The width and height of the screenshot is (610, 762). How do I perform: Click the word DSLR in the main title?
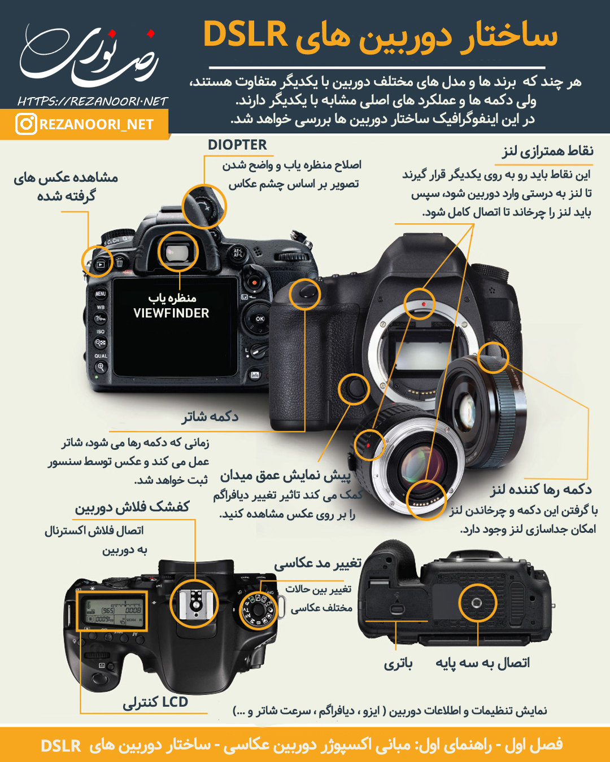point(245,34)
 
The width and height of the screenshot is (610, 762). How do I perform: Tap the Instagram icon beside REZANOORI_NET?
point(26,124)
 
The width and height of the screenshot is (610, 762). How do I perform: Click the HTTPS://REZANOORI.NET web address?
point(93,102)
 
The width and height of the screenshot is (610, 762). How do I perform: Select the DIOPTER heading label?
point(237,145)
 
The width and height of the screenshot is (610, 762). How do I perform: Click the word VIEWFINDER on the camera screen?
point(171,313)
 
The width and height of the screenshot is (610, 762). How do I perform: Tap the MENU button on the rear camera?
point(101,294)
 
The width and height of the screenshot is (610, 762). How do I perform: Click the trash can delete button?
point(120,262)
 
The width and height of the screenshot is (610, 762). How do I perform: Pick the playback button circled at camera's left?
point(101,264)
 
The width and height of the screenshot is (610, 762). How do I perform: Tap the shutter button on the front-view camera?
point(305,293)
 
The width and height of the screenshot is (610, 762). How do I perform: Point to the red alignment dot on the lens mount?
point(424,304)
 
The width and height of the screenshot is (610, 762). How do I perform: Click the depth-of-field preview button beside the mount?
point(354,389)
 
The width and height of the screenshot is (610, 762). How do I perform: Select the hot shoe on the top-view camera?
point(194,605)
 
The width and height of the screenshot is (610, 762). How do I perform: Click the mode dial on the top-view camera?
point(258,610)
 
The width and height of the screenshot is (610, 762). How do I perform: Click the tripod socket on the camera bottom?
point(477,602)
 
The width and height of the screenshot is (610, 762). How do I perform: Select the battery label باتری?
point(398,663)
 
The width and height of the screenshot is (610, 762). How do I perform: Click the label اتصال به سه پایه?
point(482,663)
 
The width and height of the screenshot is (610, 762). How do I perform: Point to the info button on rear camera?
point(255,375)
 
